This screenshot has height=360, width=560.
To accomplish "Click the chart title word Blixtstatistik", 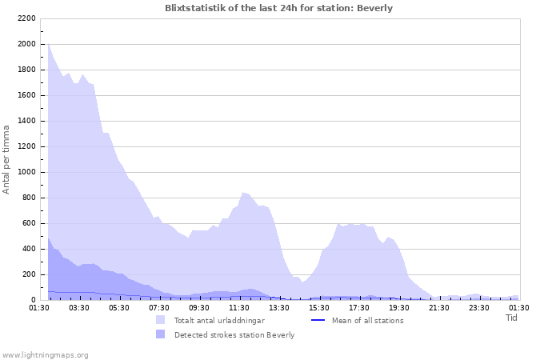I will [197, 8].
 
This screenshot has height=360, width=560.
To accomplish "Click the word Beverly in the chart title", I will [374, 8].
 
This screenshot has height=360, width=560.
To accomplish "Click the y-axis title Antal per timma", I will [7, 158].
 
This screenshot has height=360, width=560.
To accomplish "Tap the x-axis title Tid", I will [511, 318].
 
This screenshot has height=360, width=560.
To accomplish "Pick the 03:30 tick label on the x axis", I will [79, 307].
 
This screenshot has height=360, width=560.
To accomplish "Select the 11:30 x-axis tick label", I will [239, 307].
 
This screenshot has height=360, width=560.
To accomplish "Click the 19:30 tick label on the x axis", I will [399, 307].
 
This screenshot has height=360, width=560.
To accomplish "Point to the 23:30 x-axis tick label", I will [479, 307].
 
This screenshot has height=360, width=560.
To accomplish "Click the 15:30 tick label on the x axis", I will [319, 307].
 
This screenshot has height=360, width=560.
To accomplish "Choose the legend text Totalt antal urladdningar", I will [219, 320].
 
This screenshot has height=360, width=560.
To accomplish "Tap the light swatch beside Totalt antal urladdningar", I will [161, 320].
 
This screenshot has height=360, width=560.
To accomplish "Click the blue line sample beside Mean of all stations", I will [317, 320].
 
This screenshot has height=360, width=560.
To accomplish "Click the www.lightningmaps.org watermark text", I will [45, 354].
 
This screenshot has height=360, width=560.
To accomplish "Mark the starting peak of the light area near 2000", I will [48, 44].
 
